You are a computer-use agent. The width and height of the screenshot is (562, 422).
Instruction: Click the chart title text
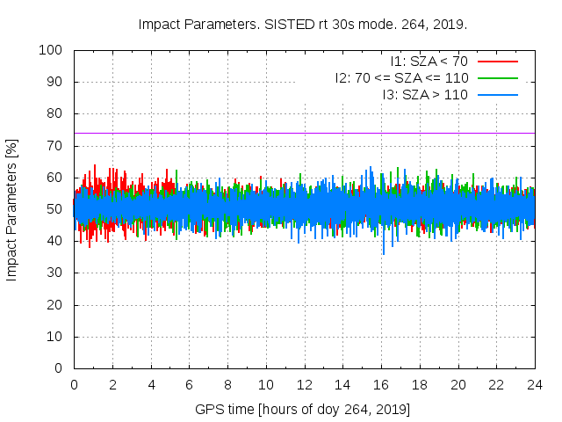303,24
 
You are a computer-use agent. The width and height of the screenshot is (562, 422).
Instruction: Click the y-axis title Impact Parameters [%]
12,208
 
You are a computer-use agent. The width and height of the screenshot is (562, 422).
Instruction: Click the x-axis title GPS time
303,410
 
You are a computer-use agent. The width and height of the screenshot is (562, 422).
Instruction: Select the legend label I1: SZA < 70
429,61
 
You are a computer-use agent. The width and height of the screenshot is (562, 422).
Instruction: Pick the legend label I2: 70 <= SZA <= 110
401,77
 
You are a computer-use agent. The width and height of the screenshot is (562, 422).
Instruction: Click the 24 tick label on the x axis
535,385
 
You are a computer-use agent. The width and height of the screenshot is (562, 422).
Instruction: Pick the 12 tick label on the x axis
304,385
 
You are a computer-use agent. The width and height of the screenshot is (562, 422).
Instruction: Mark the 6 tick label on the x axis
189,385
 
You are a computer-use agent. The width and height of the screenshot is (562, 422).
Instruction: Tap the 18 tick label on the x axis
420,385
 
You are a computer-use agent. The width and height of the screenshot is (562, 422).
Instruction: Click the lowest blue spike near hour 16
383,253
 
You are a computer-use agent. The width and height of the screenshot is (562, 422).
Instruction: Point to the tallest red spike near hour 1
95,166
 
